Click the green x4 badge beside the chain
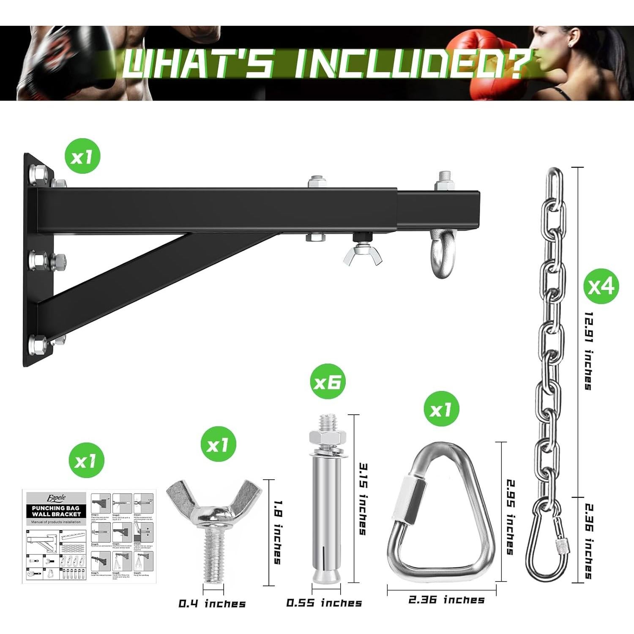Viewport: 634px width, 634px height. tap(601, 286)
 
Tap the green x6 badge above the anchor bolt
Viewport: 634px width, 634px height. tap(328, 382)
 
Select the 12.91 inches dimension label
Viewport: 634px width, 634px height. tap(588, 351)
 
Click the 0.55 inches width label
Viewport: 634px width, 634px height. tap(324, 603)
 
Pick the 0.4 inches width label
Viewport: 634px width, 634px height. tap(212, 604)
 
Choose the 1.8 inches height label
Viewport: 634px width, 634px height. tap(278, 532)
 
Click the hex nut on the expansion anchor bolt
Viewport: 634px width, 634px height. tap(325, 437)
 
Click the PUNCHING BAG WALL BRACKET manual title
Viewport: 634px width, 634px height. tap(56, 511)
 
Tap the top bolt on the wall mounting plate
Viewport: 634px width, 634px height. tap(35, 173)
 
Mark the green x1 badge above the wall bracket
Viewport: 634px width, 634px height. tap(82, 157)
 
